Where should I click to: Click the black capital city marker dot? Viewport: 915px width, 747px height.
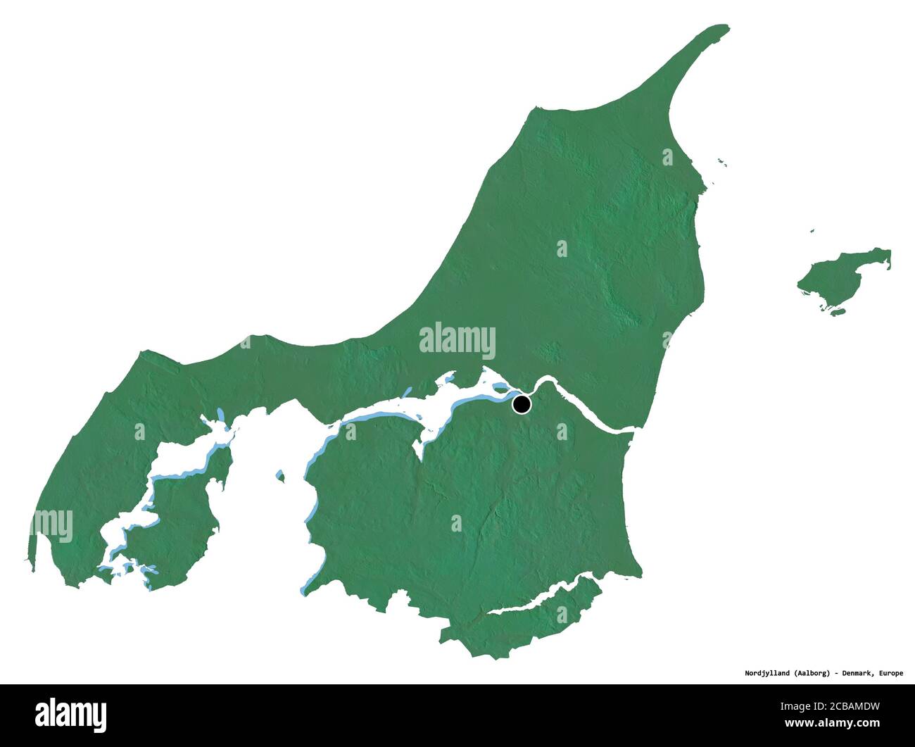[522, 404]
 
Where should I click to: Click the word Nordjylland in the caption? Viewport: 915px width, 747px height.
[752, 673]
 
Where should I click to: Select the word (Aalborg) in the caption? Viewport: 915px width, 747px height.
[805, 673]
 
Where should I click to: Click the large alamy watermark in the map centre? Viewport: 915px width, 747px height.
[458, 341]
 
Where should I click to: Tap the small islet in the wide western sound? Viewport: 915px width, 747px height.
[280, 477]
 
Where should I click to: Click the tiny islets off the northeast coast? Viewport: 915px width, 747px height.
[721, 163]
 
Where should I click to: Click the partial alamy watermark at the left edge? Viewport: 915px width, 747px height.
[53, 525]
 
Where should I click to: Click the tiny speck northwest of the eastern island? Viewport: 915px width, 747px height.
[812, 231]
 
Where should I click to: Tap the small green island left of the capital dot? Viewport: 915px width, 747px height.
[500, 387]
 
